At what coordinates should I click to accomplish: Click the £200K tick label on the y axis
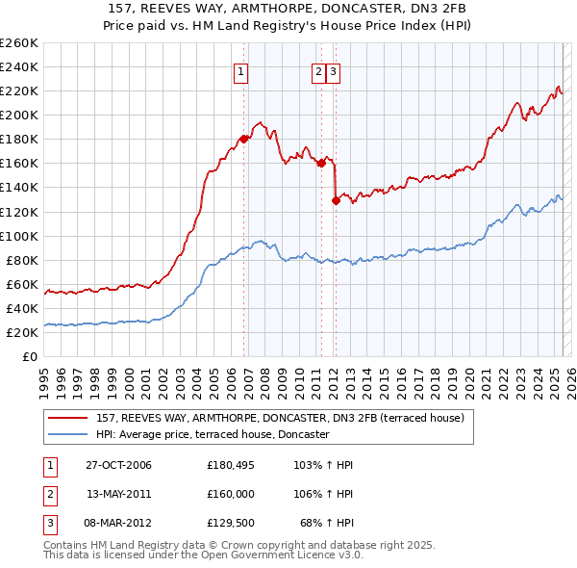tap(18, 115)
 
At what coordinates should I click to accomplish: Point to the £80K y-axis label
tap(21, 260)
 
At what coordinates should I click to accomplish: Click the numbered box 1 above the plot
tap(239, 69)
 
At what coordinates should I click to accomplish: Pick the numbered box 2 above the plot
tap(317, 69)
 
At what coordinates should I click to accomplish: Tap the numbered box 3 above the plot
tap(333, 69)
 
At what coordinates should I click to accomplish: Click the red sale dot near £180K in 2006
tap(244, 139)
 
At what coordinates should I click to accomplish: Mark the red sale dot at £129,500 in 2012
tap(336, 200)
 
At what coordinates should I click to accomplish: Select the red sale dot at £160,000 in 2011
tap(321, 163)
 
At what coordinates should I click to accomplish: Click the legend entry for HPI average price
tap(213, 434)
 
